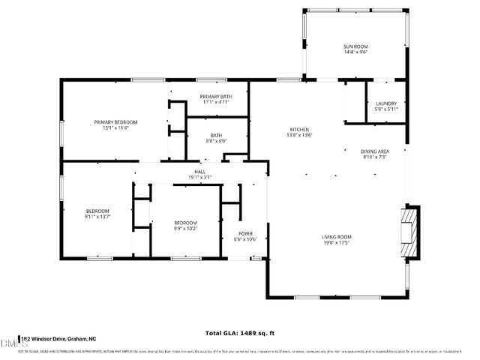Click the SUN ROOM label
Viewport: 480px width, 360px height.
click(355, 46)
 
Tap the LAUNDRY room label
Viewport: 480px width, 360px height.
click(385, 103)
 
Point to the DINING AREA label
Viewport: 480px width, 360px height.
click(374, 151)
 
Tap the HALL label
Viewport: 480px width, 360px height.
click(200, 172)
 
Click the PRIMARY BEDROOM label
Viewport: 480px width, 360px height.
click(115, 121)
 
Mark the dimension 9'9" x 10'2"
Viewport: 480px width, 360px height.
click(185, 229)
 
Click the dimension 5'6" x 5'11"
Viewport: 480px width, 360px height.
click(385, 109)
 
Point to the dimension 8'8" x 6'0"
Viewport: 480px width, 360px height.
click(215, 141)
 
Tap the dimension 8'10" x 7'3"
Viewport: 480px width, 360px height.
click(374, 157)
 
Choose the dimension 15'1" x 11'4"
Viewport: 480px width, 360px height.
click(115, 127)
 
